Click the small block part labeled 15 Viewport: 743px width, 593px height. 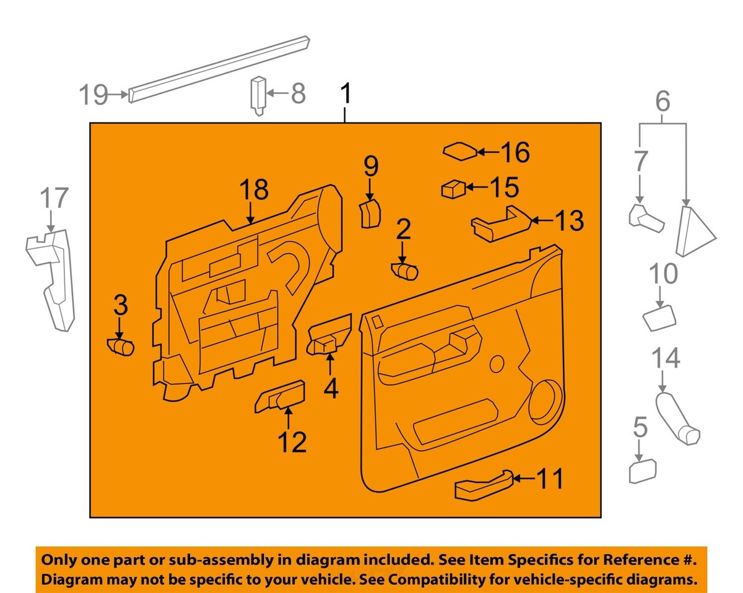pyautogui.click(x=453, y=188)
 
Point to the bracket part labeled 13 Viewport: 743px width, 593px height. pyautogui.click(x=500, y=222)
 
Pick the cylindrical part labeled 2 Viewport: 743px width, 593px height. pyautogui.click(x=405, y=271)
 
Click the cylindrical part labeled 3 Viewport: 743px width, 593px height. pyautogui.click(x=121, y=347)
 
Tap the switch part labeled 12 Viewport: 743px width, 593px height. pyautogui.click(x=280, y=396)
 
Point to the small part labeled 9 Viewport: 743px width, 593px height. pyautogui.click(x=370, y=214)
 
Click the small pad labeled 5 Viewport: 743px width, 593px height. pyautogui.click(x=642, y=472)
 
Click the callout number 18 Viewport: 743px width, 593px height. pyautogui.click(x=253, y=190)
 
